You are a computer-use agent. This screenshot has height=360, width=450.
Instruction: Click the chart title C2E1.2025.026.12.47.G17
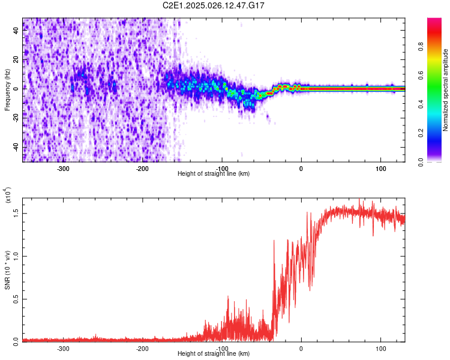click(x=214, y=5)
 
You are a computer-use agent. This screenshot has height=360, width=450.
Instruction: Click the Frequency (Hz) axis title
click(x=7, y=90)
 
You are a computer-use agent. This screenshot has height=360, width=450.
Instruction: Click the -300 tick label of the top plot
click(x=63, y=169)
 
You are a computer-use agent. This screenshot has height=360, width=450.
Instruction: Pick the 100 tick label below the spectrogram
click(x=380, y=169)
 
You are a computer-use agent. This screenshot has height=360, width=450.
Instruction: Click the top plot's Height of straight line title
click(x=214, y=174)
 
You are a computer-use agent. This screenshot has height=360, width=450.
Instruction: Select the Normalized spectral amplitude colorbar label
click(x=445, y=90)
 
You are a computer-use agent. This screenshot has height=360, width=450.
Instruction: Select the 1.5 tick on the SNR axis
click(x=16, y=212)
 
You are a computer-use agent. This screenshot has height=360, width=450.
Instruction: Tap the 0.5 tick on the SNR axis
click(x=16, y=298)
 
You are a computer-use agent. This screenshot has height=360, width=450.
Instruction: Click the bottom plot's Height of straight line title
click(x=214, y=354)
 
